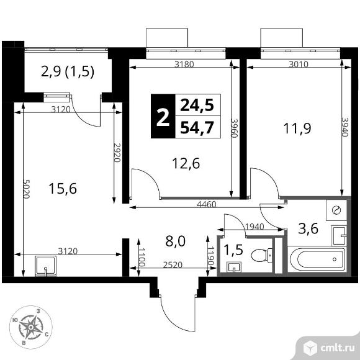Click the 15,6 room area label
[x=63, y=188]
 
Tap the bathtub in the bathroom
[x=317, y=259]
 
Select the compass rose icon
[x=30, y=325]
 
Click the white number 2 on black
[x=163, y=117]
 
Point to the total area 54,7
[x=197, y=127]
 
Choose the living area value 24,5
[x=197, y=106]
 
